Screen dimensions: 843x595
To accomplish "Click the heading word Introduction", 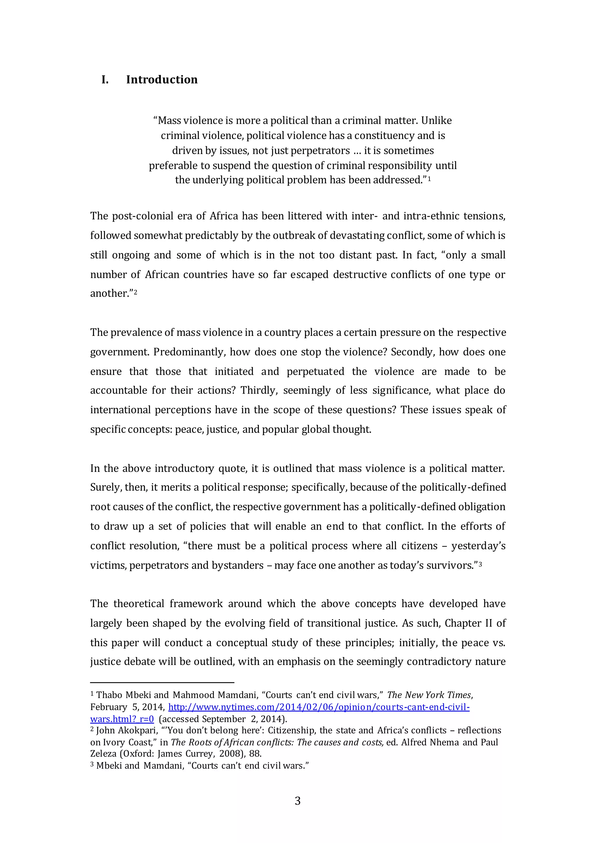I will coord(162,80).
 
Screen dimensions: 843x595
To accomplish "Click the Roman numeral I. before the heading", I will coord(105,80).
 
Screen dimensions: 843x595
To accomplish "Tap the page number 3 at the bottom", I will coord(298,801).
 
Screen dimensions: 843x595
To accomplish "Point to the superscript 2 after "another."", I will coord(135,292).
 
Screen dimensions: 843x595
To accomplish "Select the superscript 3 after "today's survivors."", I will coord(480,564).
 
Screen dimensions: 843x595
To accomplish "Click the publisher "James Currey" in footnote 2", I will coord(185,754).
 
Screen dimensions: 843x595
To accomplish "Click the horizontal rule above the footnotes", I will coord(162,683).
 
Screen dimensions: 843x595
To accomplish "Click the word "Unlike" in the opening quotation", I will coord(436,120).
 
